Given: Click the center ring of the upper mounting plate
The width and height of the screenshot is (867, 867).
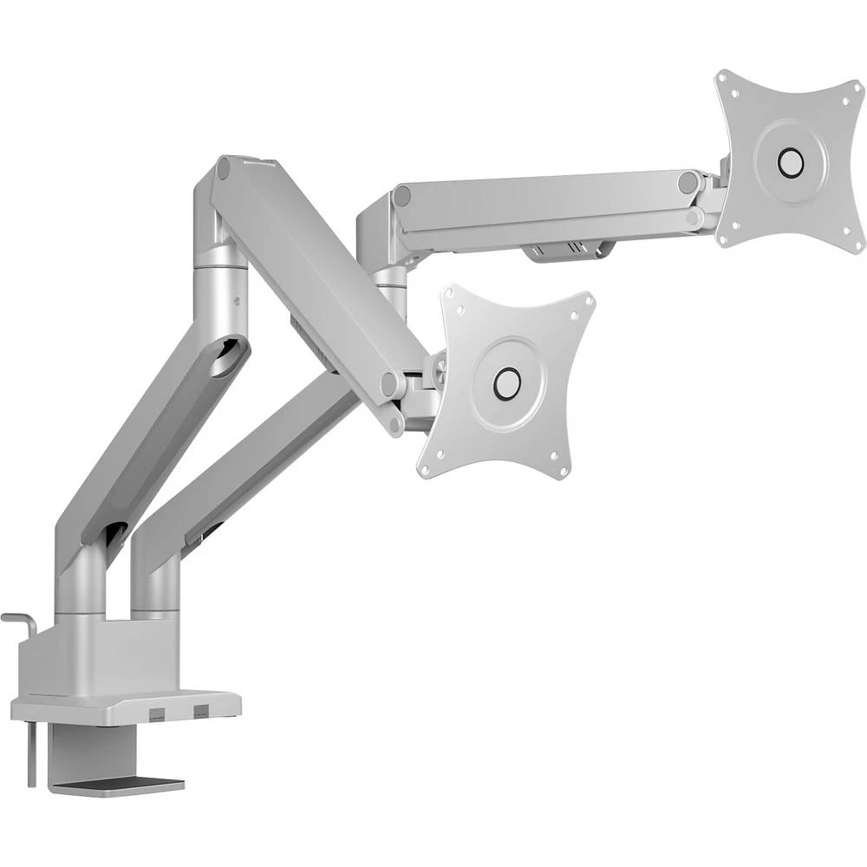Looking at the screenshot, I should pos(790,161).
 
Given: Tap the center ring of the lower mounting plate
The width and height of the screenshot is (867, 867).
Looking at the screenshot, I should pos(506,382).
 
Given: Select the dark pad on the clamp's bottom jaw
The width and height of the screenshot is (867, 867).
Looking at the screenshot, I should pos(117,785).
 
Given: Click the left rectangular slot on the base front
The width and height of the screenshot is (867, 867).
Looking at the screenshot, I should pos(156,713).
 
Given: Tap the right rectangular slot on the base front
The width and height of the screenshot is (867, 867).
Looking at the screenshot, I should pos(201,712).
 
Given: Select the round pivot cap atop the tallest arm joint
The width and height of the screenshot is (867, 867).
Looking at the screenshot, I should pos(224,167).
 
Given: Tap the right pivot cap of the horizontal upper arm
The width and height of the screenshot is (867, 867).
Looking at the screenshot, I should pos(688,183).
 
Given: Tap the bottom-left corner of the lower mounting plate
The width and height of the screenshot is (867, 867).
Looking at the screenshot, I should pos(425,469).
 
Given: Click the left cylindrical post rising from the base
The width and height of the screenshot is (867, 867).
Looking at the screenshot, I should pos(81,585).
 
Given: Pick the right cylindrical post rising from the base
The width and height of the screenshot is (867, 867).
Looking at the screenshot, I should pos(156,585).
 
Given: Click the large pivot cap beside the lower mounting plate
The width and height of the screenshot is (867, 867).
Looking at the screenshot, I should pos(391,383).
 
